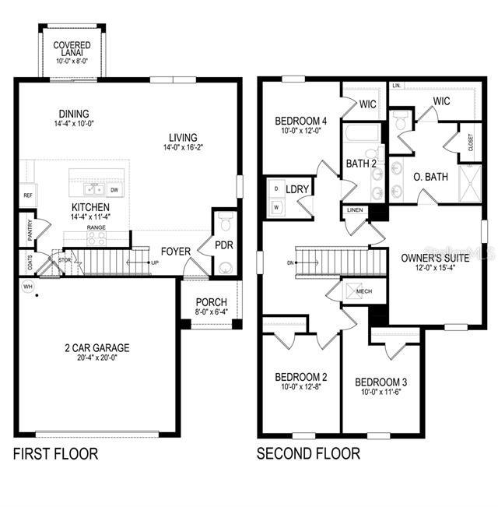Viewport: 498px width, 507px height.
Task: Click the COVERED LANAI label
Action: coord(72,50)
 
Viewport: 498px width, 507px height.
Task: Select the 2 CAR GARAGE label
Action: coord(97,348)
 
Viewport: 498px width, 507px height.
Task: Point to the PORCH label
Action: coord(210,302)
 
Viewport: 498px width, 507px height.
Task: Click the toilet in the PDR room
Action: coord(225,224)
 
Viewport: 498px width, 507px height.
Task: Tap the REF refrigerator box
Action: coord(27,195)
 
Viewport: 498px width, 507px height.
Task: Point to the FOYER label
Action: coord(176,252)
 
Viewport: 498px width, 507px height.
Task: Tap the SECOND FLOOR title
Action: coord(308,453)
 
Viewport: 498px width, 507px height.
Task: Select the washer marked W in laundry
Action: coord(275,208)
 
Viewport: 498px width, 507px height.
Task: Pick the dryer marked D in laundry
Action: coord(275,189)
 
